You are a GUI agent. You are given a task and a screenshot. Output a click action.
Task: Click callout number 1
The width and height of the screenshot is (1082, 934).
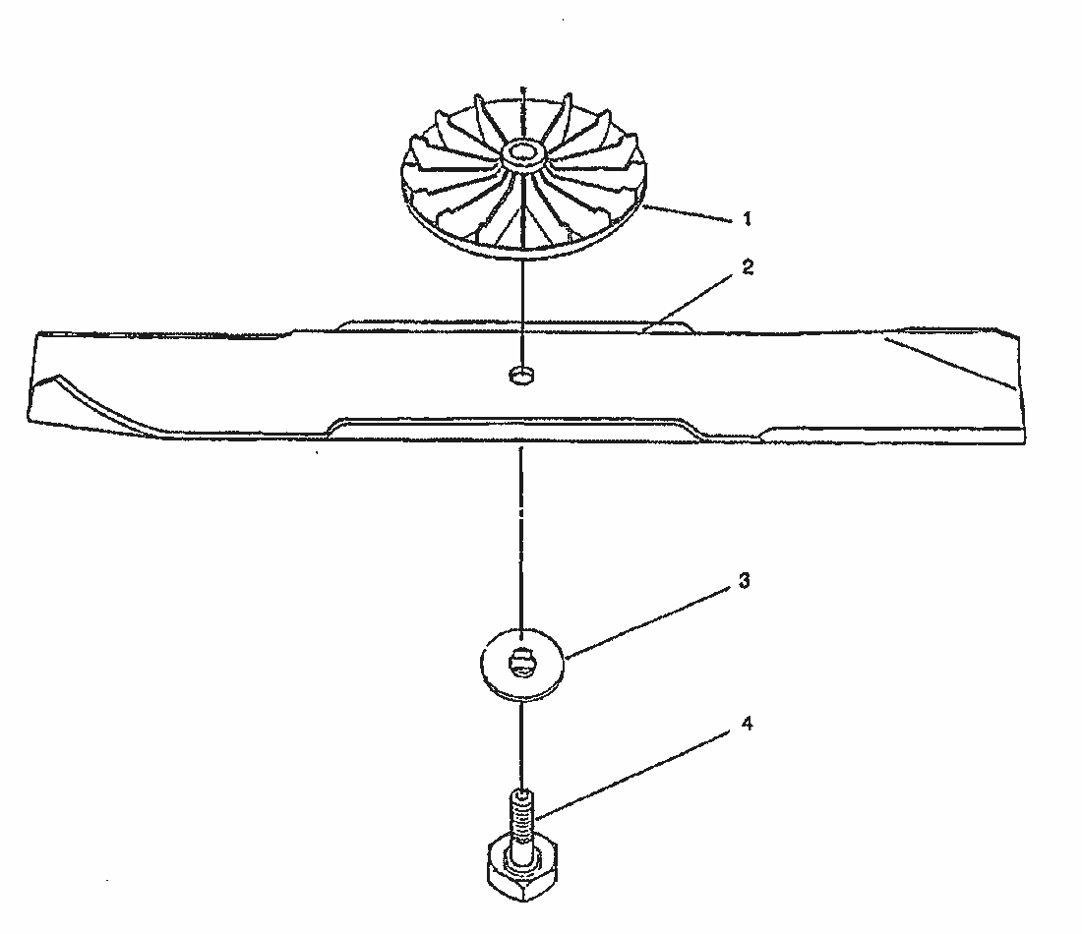click(x=746, y=218)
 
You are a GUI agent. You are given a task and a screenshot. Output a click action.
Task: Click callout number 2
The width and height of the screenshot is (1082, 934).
click(x=748, y=267)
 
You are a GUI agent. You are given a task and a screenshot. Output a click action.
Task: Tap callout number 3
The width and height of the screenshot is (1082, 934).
click(x=744, y=581)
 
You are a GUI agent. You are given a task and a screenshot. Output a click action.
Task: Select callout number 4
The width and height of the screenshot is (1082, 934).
click(x=747, y=724)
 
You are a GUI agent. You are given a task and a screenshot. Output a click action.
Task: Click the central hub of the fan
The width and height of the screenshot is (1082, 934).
click(x=522, y=153)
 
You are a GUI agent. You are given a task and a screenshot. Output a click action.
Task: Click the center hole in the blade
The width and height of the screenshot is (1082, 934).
click(x=522, y=376)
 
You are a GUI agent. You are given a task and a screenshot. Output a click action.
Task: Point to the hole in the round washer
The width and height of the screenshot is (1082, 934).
click(x=521, y=663)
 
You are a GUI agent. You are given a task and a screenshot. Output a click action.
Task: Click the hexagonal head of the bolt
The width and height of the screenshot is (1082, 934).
click(x=523, y=868)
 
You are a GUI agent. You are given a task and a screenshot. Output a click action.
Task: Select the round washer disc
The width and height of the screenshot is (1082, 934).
click(x=522, y=664)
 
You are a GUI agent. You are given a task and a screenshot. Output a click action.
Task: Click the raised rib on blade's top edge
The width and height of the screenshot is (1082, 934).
click(x=514, y=324)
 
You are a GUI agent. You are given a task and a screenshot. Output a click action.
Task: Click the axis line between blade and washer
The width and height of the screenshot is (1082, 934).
click(x=521, y=538)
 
